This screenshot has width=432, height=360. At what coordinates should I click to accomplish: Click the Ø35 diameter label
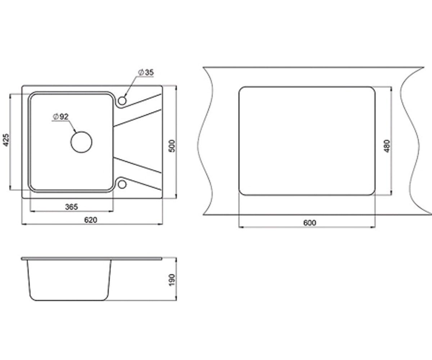click(146, 72)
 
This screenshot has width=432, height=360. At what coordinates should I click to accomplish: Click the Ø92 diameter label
click(60, 117)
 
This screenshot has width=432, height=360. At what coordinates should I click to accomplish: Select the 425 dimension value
click(6, 140)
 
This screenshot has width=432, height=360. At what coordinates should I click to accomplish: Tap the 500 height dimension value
click(172, 146)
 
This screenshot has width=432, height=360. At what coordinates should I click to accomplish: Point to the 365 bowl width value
click(71, 207)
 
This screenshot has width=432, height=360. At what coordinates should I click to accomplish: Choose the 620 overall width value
click(91, 220)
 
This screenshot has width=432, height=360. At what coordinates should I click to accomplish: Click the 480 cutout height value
click(387, 146)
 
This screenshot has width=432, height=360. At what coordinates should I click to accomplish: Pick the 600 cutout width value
click(310, 223)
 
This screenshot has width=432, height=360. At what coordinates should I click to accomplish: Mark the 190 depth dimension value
click(172, 280)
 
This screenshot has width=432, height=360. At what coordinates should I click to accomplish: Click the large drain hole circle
click(81, 142)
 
